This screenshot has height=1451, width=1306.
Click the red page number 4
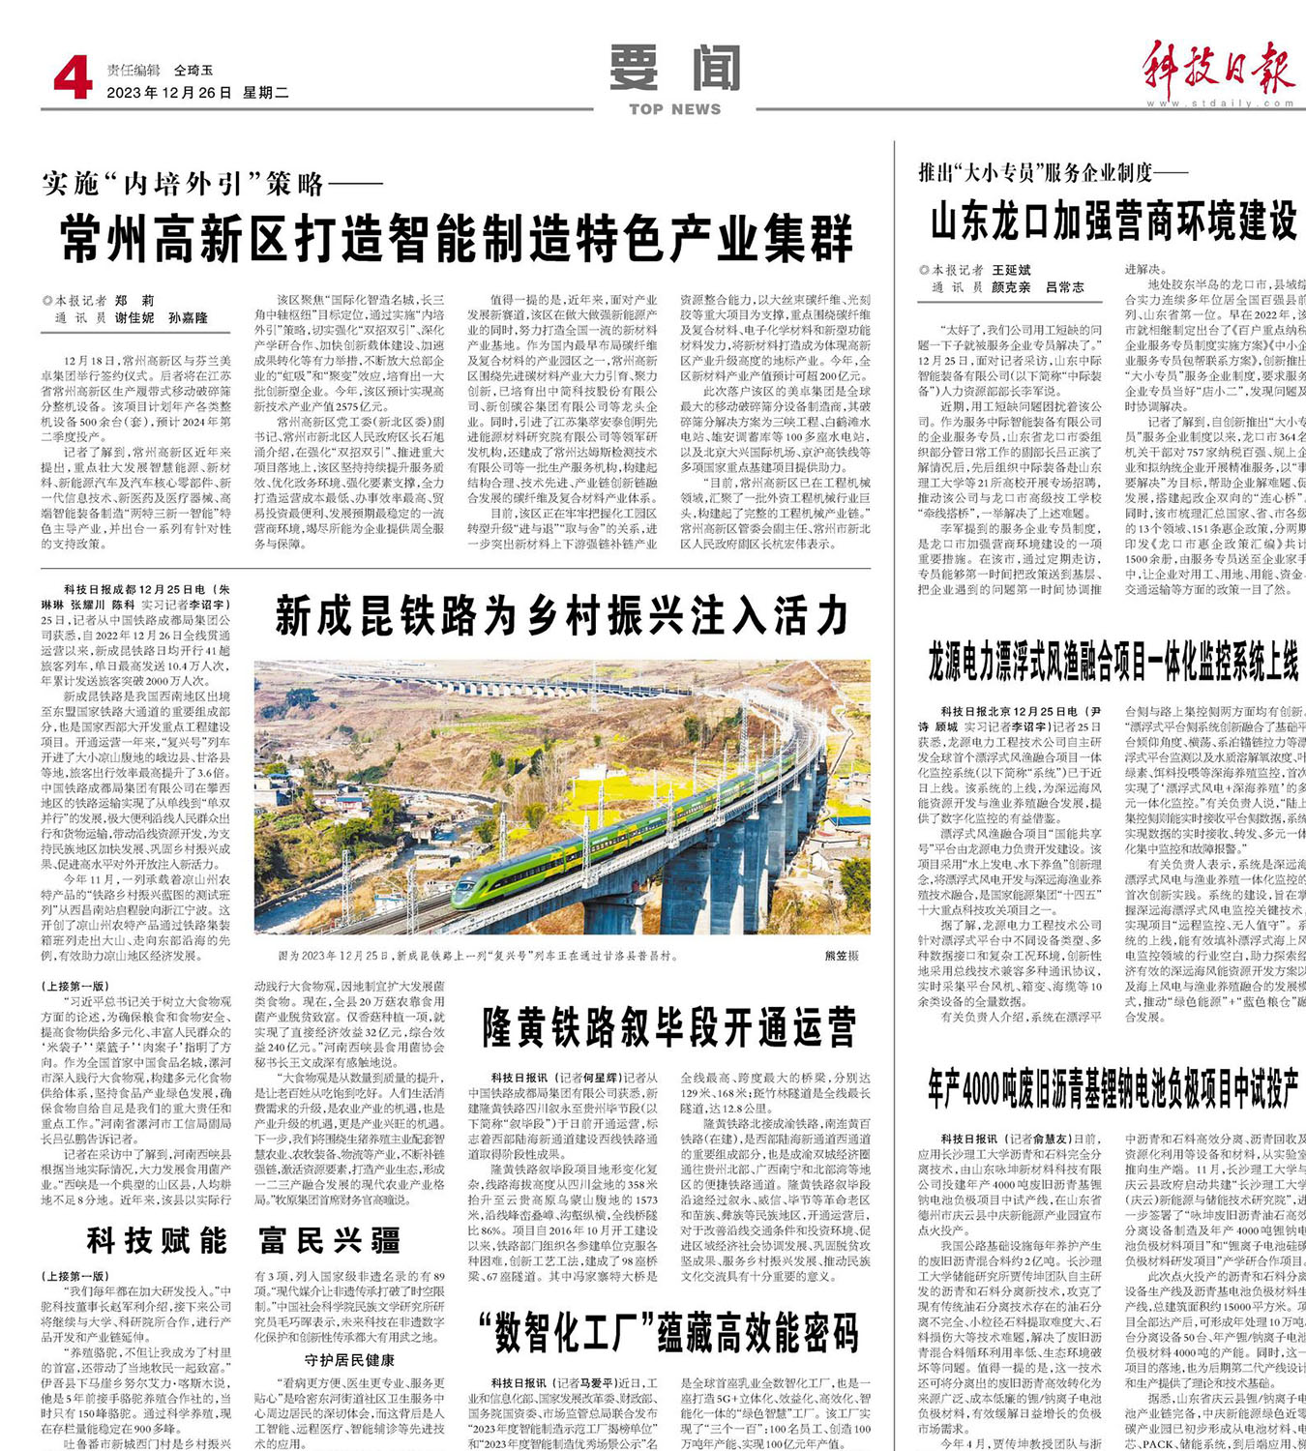coord(73,78)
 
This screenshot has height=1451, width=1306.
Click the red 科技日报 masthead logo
coord(1218,68)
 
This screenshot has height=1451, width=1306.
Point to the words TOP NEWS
coord(675,109)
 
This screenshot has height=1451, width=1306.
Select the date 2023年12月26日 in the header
coord(169,93)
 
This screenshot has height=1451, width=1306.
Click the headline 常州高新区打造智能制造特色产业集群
coord(458,239)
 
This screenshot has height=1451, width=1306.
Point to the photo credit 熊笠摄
coord(841,955)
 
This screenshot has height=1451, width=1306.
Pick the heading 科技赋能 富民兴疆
coord(242,1240)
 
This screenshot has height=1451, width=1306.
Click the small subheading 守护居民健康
coord(350,1359)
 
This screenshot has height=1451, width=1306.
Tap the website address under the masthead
coord(1220,104)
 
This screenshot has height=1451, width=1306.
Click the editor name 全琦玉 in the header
coord(193,71)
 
